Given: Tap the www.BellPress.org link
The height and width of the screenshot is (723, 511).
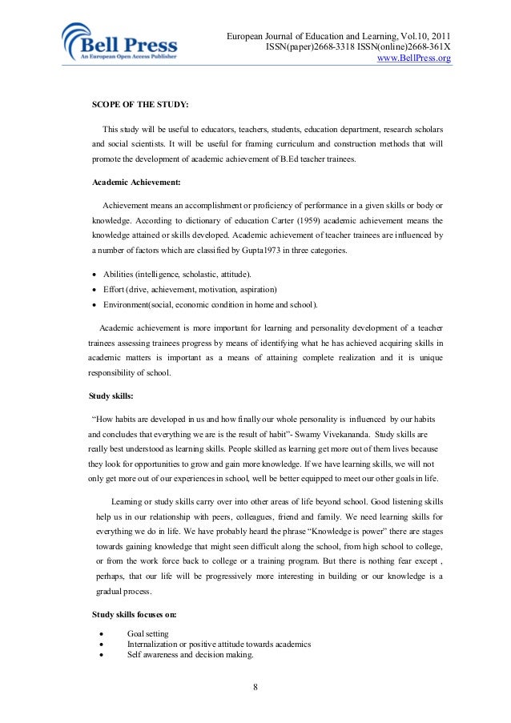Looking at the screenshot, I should pos(413,58).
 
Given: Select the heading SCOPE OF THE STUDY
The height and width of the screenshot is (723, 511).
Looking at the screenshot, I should pos(140,105).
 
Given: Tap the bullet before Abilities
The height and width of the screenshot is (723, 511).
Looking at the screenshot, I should pos(95,275).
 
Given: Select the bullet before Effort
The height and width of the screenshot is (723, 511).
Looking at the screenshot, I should pos(95,290).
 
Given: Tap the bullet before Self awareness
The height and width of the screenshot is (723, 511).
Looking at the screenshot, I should pos(102,655).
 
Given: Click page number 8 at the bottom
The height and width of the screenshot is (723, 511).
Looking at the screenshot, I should pos(255,688).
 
